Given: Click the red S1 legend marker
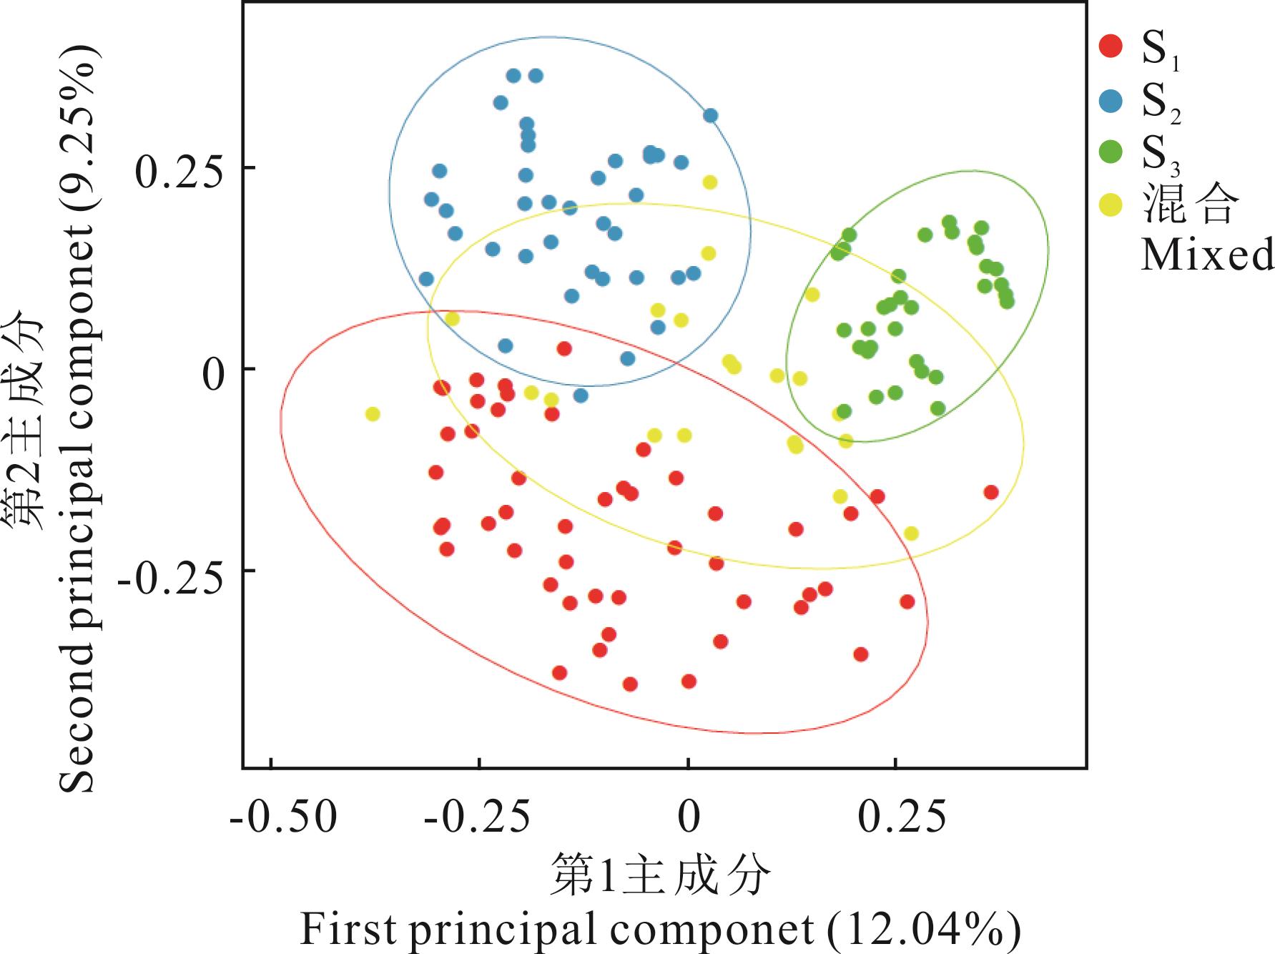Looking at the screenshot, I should pyautogui.click(x=1111, y=47).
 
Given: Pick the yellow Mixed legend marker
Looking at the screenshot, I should pyautogui.click(x=1111, y=205).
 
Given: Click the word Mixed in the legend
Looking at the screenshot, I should pyautogui.click(x=1206, y=254).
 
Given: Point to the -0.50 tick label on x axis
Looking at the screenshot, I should pyautogui.click(x=283, y=817).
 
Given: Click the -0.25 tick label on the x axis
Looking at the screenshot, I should pyautogui.click(x=478, y=817).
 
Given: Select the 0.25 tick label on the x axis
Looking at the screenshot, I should pyautogui.click(x=902, y=817).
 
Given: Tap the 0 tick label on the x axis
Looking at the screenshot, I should pyautogui.click(x=689, y=817).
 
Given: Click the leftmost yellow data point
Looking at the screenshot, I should pyautogui.click(x=373, y=414).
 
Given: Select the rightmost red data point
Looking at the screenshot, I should pyautogui.click(x=990, y=492).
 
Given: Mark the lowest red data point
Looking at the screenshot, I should pyautogui.click(x=630, y=684).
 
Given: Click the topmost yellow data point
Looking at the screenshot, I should pyautogui.click(x=709, y=182).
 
